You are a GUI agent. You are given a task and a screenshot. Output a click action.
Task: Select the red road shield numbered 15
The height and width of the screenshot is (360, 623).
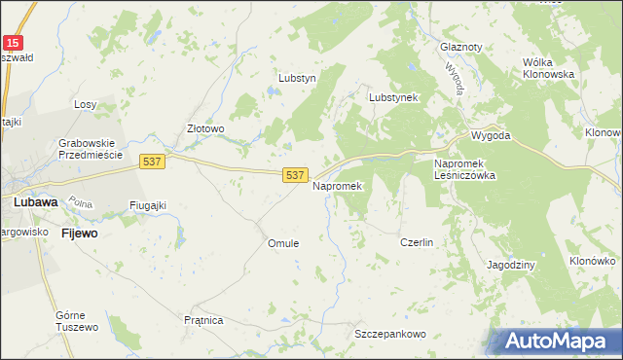pos(12,43)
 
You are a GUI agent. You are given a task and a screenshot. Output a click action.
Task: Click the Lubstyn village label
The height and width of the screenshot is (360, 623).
pos(298,78)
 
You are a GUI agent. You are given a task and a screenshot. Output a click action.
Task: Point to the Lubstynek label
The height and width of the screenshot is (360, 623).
pos(393,97)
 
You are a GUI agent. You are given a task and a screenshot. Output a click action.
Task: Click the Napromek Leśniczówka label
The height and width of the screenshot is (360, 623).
pos(464,169)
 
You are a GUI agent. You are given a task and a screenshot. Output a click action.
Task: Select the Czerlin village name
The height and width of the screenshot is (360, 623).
pos(417,242)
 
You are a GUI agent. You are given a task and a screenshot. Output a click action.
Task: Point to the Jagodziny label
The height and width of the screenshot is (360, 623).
pos(512,265)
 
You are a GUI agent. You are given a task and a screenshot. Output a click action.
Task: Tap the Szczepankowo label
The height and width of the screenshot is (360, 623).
pos(390,334)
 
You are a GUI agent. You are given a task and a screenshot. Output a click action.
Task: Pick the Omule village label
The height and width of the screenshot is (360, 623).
pos(283,243)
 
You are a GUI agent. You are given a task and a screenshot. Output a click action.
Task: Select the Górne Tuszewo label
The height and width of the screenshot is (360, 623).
pos(77,322)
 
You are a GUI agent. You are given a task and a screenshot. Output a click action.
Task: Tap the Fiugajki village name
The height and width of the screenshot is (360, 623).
pos(149,205)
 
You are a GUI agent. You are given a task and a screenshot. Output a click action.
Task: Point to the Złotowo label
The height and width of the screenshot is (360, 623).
pos(206,128)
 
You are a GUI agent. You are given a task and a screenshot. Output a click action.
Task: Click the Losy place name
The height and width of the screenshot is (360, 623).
pos(86,104)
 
